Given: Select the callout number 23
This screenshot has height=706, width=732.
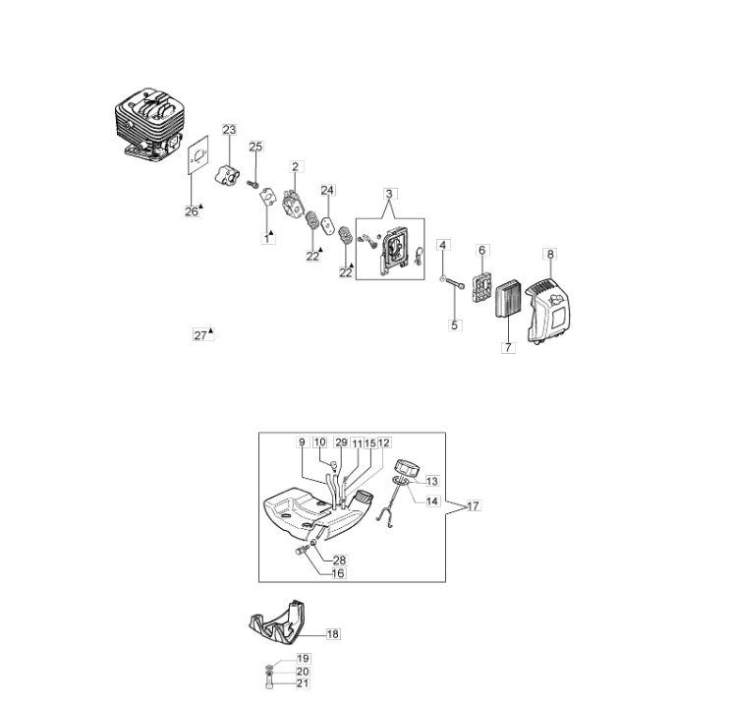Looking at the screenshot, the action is pos(229,130).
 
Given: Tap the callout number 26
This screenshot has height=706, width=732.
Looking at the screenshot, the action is pos(192,211).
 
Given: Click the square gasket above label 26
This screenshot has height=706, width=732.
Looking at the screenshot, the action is pos(197,154).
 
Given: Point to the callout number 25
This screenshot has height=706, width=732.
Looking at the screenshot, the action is pos(255,147).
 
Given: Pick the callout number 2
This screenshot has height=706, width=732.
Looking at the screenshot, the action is pos(295,167).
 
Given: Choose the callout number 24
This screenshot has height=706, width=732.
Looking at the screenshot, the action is pos(328,190).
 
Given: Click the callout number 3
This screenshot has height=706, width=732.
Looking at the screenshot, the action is pos(389,194).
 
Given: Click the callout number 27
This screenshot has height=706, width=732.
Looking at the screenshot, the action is pos(200,335).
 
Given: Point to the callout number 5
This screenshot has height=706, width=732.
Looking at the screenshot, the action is pos(455,325).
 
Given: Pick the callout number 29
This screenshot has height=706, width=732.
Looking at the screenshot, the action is pos(341,442).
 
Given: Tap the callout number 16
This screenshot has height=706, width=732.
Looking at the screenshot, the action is pos(338,573).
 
